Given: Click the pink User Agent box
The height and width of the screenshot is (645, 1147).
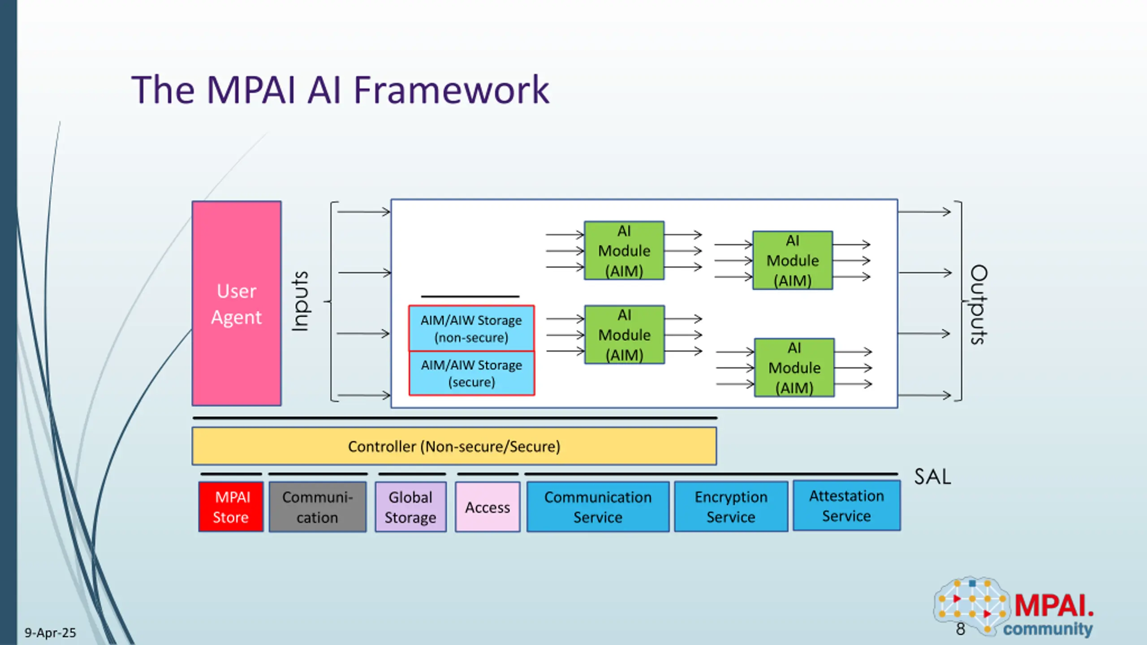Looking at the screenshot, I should point(237,304).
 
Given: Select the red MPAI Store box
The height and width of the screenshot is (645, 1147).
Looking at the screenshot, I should point(231,507).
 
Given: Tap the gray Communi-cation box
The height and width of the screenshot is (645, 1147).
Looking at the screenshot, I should point(318,507).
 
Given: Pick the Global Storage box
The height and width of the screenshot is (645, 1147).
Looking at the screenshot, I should point(410,507).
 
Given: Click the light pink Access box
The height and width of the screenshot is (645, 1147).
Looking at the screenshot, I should point(487,507).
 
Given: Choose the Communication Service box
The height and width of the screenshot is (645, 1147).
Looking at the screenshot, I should point(598,507).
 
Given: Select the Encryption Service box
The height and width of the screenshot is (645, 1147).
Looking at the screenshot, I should point(731,507).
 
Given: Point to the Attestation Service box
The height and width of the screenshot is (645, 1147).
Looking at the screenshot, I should point(846,506).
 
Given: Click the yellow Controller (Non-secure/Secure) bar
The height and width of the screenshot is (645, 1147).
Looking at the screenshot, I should point(454,446).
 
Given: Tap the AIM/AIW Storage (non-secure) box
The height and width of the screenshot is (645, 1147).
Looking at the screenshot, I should point(471,328).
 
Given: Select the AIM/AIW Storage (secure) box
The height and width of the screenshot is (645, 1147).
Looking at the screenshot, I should point(471,373).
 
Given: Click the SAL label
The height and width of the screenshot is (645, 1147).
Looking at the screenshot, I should point(932,477).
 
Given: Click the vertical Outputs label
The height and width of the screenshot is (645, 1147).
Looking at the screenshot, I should point(979,305).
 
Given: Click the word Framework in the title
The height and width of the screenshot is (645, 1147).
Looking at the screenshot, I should point(451,90).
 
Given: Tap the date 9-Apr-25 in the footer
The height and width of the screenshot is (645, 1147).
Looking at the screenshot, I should point(50,632).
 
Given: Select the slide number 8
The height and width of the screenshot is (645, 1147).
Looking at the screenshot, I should point(960,629).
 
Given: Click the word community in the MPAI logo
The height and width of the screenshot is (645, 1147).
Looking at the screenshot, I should point(1048,629).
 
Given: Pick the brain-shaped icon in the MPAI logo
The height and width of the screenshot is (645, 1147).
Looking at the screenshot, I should point(971,605).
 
